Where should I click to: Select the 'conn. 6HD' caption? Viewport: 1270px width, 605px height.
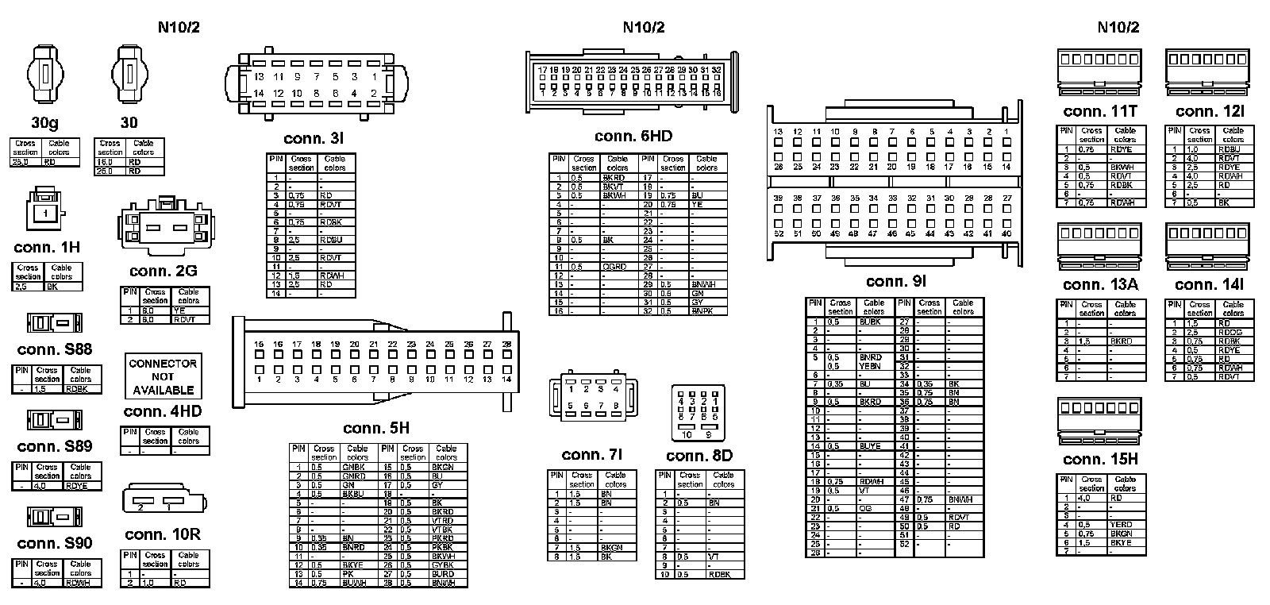pyautogui.click(x=633, y=136)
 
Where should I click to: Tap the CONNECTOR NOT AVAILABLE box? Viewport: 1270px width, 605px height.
pyautogui.click(x=163, y=376)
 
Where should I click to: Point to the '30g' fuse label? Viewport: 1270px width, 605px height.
pyautogui.click(x=44, y=123)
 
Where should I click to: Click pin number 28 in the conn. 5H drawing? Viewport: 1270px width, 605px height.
pyautogui.click(x=506, y=344)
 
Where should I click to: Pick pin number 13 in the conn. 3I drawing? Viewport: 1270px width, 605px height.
pyautogui.click(x=259, y=77)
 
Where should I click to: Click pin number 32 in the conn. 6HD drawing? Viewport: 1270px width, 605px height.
pyautogui.click(x=716, y=70)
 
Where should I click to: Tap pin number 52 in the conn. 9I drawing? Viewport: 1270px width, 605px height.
pyautogui.click(x=778, y=233)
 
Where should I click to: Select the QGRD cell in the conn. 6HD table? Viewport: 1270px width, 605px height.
pyautogui.click(x=614, y=267)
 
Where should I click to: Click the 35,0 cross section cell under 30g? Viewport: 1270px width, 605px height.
pyautogui.click(x=25, y=162)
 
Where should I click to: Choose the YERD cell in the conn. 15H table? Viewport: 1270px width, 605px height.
pyautogui.click(x=1122, y=525)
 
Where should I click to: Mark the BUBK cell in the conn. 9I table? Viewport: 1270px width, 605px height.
pyautogui.click(x=872, y=322)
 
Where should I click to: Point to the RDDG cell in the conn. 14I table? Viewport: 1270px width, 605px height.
pyautogui.click(x=1230, y=332)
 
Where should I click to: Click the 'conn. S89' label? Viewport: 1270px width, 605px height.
pyautogui.click(x=54, y=446)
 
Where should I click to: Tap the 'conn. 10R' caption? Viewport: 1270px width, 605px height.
pyautogui.click(x=163, y=534)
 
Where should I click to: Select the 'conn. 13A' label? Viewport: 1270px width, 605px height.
pyautogui.click(x=1099, y=285)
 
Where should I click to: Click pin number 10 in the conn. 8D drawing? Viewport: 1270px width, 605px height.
pyautogui.click(x=687, y=434)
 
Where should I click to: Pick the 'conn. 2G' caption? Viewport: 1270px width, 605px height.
pyautogui.click(x=163, y=272)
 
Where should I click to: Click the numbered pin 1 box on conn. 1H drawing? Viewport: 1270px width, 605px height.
pyautogui.click(x=46, y=214)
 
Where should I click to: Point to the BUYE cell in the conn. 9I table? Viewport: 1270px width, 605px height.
pyautogui.click(x=870, y=446)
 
